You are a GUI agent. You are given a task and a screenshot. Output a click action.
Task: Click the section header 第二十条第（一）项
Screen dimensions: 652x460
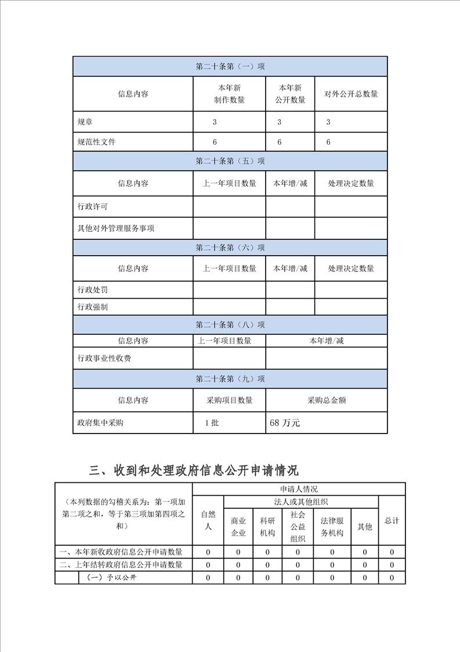pyautogui.click(x=230, y=66)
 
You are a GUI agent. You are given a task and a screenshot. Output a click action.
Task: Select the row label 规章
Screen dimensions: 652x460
pyautogui.click(x=85, y=122)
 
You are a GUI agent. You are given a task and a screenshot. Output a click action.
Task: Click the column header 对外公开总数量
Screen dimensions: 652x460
pyautogui.click(x=351, y=94)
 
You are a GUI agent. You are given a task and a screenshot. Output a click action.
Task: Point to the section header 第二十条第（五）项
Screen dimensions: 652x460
pyautogui.click(x=230, y=161)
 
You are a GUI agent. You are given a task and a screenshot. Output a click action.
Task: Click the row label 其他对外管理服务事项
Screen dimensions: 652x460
pyautogui.click(x=116, y=228)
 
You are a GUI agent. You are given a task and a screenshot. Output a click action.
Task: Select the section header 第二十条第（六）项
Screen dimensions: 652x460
pyautogui.click(x=230, y=248)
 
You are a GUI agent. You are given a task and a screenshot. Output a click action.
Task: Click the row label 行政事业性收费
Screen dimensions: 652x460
pyautogui.click(x=104, y=358)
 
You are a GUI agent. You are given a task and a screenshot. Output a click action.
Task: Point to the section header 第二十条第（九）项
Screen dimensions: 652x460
pyautogui.click(x=230, y=379)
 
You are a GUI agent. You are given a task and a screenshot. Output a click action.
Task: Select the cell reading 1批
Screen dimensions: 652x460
pyautogui.click(x=212, y=423)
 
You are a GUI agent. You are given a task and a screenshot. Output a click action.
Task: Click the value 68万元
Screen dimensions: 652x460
pyautogui.click(x=285, y=423)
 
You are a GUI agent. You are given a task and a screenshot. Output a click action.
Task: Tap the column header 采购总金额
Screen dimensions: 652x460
pyautogui.click(x=327, y=400)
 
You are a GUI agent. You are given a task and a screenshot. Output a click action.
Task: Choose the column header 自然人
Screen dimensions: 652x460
pyautogui.click(x=208, y=520)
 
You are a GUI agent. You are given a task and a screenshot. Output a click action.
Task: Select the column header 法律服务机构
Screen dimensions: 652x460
pyautogui.click(x=332, y=526)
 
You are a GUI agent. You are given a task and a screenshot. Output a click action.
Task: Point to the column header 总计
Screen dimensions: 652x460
pyautogui.click(x=392, y=521)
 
